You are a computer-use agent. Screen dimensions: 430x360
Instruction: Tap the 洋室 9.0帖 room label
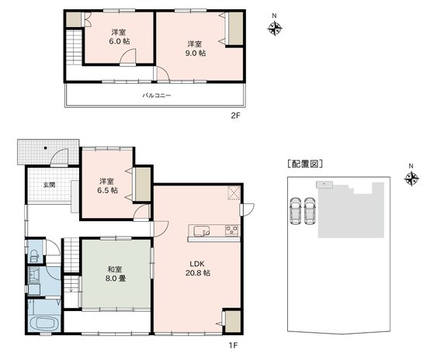(x=196, y=49)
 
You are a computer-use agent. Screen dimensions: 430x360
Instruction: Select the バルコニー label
(x=157, y=95)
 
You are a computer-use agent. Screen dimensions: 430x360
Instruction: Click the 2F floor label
(x=235, y=116)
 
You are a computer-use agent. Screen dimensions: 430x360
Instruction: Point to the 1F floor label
(x=233, y=345)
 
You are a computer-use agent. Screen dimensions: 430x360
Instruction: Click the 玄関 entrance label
(x=50, y=185)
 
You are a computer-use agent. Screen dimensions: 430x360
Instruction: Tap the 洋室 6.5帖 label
(x=107, y=185)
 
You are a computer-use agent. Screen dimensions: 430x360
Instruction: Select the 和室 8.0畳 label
(x=116, y=274)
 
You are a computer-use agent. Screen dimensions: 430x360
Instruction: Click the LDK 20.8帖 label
(x=197, y=268)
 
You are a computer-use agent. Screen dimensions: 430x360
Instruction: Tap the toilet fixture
(x=34, y=255)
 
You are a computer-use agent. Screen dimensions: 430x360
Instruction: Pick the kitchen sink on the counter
(x=202, y=231)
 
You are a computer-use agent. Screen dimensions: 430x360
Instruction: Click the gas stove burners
(x=233, y=230)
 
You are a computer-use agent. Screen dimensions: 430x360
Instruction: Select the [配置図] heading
(x=305, y=164)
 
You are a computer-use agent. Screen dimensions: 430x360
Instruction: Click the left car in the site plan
(x=295, y=210)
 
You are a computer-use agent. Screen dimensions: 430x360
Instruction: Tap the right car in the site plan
(x=310, y=210)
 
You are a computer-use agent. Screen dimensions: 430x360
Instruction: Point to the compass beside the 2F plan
(x=275, y=28)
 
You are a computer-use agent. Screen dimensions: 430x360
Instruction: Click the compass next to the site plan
(x=411, y=178)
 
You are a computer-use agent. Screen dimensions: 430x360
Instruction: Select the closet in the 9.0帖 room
(x=235, y=28)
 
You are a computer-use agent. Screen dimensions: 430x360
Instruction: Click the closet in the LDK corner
(x=233, y=321)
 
